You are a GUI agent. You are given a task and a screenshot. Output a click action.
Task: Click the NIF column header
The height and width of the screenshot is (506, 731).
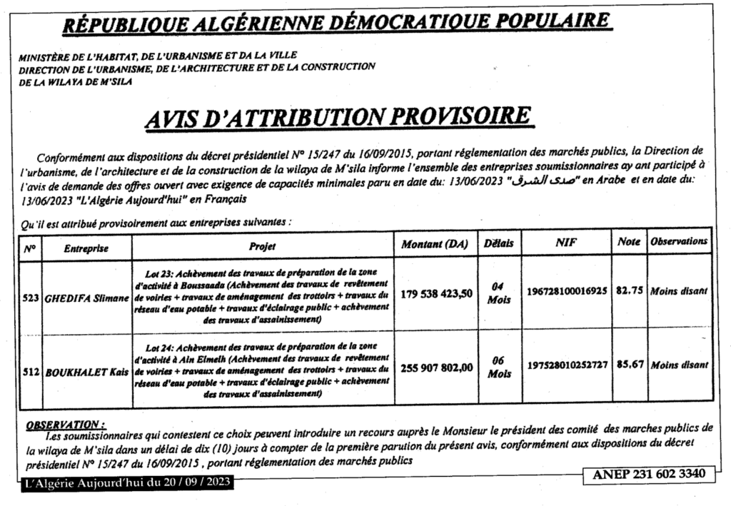pos(566,243)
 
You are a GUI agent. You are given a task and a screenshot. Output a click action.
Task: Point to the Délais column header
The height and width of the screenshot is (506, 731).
pos(498,243)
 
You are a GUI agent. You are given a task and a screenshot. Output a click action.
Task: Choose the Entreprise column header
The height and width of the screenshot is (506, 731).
pos(86,248)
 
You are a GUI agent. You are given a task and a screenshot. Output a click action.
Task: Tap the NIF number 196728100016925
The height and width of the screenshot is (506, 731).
pos(567,291)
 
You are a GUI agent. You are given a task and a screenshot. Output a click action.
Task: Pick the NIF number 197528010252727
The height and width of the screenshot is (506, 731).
pos(567,365)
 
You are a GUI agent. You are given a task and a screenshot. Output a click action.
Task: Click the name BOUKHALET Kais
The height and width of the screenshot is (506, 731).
pos(86,372)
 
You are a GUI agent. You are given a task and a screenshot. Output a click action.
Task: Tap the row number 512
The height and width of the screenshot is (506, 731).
pos(31,372)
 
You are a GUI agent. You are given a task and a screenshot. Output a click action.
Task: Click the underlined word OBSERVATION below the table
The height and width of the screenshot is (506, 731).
pos(65,424)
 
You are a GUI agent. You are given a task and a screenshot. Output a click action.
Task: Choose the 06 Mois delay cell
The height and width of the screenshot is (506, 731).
pos(498,368)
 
